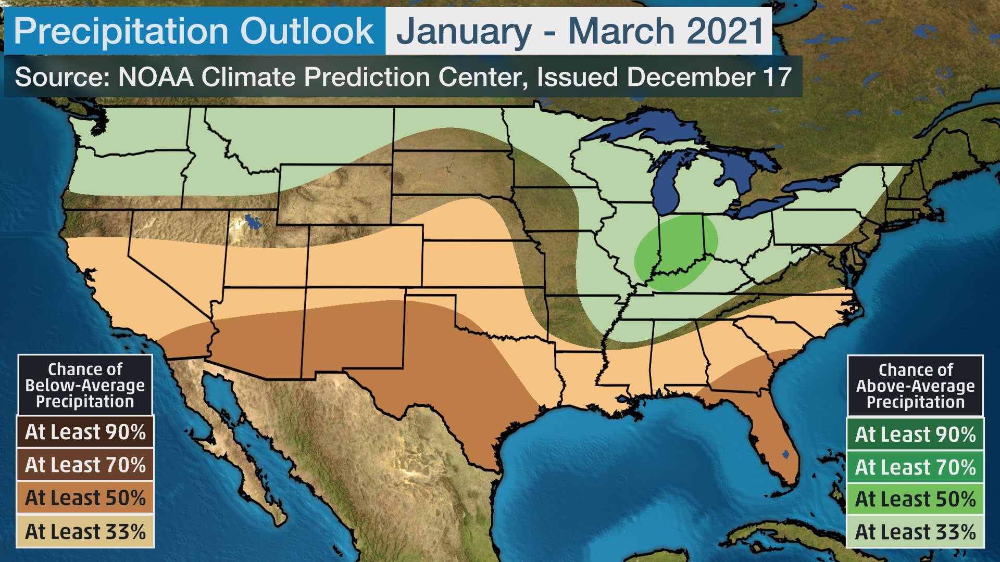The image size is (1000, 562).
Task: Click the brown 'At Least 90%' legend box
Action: click(85, 432)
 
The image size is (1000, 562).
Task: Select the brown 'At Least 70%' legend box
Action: click(85, 465)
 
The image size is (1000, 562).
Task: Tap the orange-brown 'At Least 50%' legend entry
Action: click(85, 498)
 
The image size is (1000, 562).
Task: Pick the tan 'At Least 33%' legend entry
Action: click(85, 532)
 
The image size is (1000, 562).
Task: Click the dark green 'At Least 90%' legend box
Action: click(915, 434)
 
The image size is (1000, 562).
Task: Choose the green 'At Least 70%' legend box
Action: click(915, 467)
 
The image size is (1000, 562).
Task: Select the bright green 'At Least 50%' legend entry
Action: click(915, 499)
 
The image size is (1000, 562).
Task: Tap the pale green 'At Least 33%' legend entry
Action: click(915, 532)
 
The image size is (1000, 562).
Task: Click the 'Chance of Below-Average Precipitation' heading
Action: click(85, 386)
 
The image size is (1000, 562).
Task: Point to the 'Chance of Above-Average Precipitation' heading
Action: click(915, 386)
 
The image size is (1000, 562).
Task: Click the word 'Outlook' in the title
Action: click(307, 31)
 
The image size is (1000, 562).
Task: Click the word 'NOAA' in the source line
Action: click(156, 77)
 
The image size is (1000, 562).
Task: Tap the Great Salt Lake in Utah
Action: click(253, 222)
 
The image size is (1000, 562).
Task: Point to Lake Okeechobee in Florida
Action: click(785, 454)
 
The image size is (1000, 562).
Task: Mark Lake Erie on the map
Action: click(764, 206)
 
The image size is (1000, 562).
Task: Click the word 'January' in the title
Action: click(464, 31)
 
